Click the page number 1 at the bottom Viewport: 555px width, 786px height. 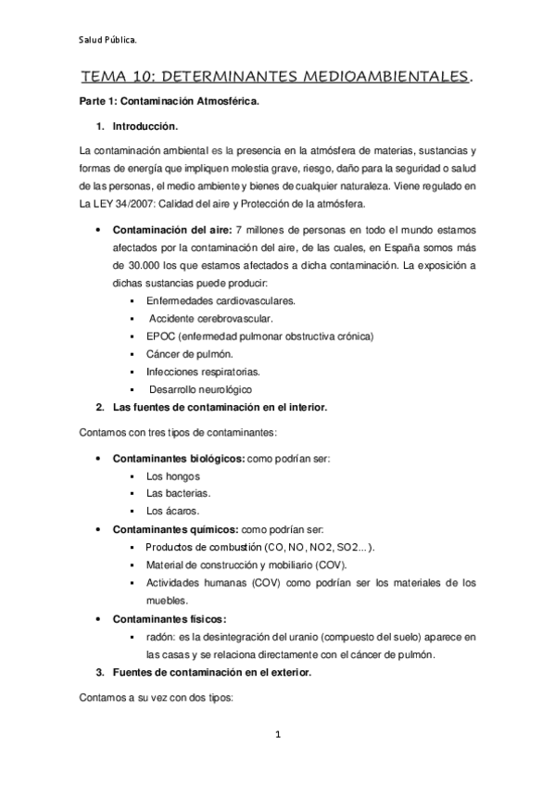[277, 735]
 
